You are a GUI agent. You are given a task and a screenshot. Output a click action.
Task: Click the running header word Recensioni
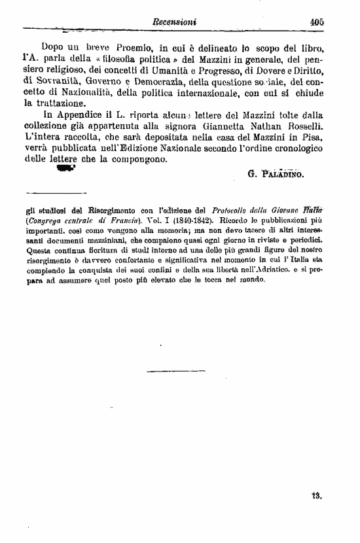pos(174,22)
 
